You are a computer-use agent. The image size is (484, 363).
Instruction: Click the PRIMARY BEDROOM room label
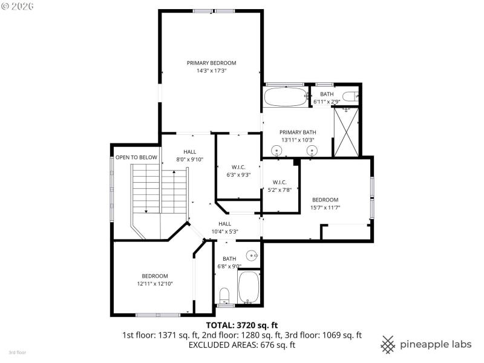pos(211,63)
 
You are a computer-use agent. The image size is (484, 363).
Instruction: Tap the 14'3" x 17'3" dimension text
pos(211,71)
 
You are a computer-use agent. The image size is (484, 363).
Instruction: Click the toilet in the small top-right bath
pos(349,96)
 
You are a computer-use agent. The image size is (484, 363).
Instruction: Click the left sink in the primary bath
pos(277,151)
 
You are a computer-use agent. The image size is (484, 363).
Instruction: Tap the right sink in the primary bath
pos(312,151)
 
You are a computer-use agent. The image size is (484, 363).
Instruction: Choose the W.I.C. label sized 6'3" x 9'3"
pos(238,167)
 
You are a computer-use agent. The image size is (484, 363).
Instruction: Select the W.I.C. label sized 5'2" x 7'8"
pos(279,182)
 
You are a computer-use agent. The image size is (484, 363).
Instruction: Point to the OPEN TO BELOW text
pos(136,157)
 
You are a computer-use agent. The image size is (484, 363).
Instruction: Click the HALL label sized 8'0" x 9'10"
pos(189,152)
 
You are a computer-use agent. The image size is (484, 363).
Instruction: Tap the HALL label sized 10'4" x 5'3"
pos(224,223)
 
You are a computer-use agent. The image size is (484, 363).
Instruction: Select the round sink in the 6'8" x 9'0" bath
pos(252,254)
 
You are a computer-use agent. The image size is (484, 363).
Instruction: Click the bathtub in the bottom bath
pos(248,287)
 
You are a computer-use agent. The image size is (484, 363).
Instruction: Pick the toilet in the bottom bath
pos(224,295)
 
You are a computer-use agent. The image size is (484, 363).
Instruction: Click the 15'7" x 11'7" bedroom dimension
pos(325,208)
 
